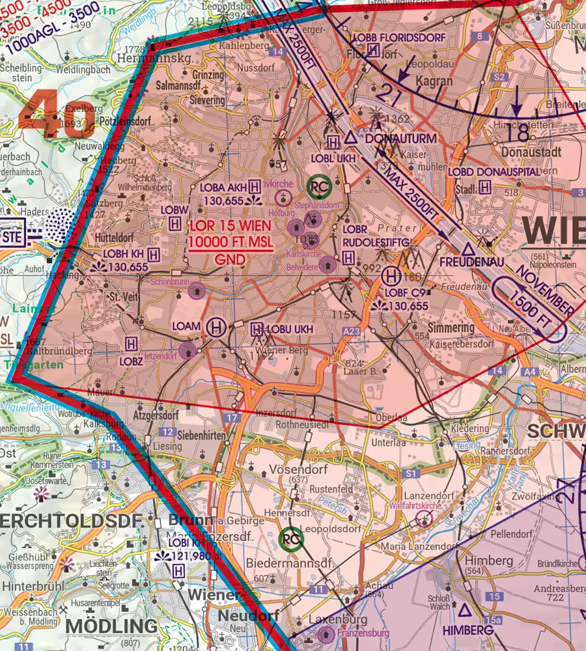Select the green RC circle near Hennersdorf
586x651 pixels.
[290, 539]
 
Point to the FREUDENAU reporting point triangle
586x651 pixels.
[467, 249]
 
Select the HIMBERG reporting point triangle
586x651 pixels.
[465, 609]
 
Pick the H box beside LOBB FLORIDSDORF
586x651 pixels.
[373, 50]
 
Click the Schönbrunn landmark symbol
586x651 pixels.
[195, 292]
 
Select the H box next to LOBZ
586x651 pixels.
[132, 342]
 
